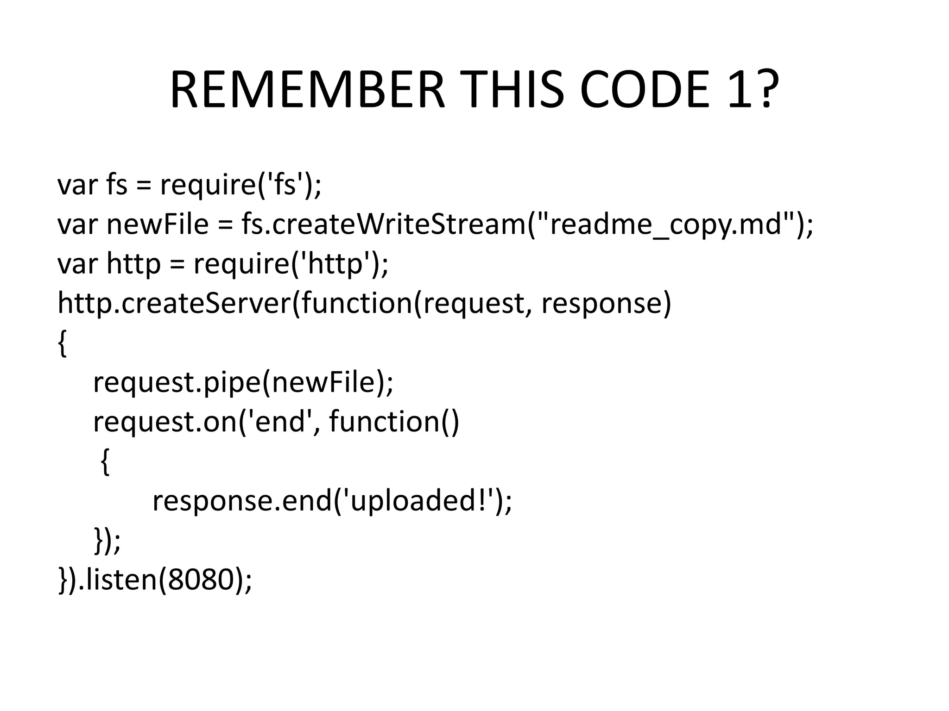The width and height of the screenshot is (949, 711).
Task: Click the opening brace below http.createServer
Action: (x=62, y=343)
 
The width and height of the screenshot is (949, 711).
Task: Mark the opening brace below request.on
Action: (x=105, y=462)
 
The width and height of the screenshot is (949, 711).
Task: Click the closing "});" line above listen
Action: (x=107, y=540)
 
